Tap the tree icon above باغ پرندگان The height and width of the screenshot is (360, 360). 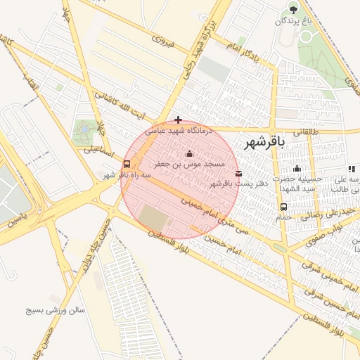[x=293, y=9]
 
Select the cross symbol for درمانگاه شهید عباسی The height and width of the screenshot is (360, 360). [x=179, y=120]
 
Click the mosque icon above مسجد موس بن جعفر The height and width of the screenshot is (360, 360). [x=188, y=154]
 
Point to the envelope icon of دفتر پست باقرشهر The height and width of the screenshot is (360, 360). [x=238, y=173]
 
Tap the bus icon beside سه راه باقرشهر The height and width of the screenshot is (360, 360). [x=127, y=164]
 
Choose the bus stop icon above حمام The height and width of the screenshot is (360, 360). [x=283, y=207]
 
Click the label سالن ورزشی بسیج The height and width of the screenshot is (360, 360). [x=56, y=309]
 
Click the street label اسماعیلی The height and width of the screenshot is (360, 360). [x=99, y=149]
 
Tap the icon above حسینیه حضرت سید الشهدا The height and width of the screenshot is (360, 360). [x=297, y=168]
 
